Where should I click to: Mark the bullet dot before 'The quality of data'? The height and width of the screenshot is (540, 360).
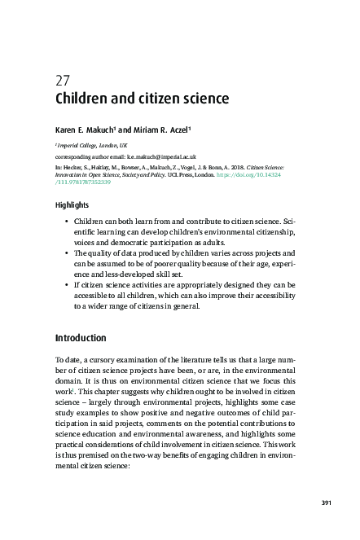point(64,254)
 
